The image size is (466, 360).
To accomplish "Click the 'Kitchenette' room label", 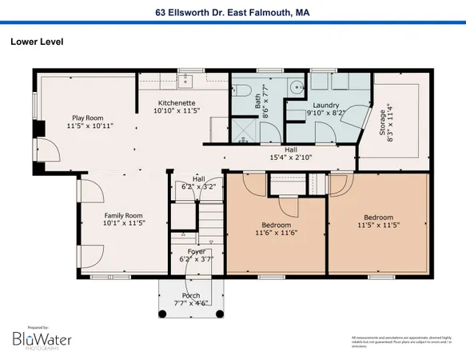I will (176, 102).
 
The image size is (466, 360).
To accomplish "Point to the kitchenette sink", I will (185, 80).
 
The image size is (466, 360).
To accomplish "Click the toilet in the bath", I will (245, 89).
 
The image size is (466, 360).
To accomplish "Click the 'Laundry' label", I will (326, 106).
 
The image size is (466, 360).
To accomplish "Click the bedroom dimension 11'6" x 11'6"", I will (277, 233).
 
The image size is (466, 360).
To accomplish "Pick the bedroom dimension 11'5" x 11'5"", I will (378, 225).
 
